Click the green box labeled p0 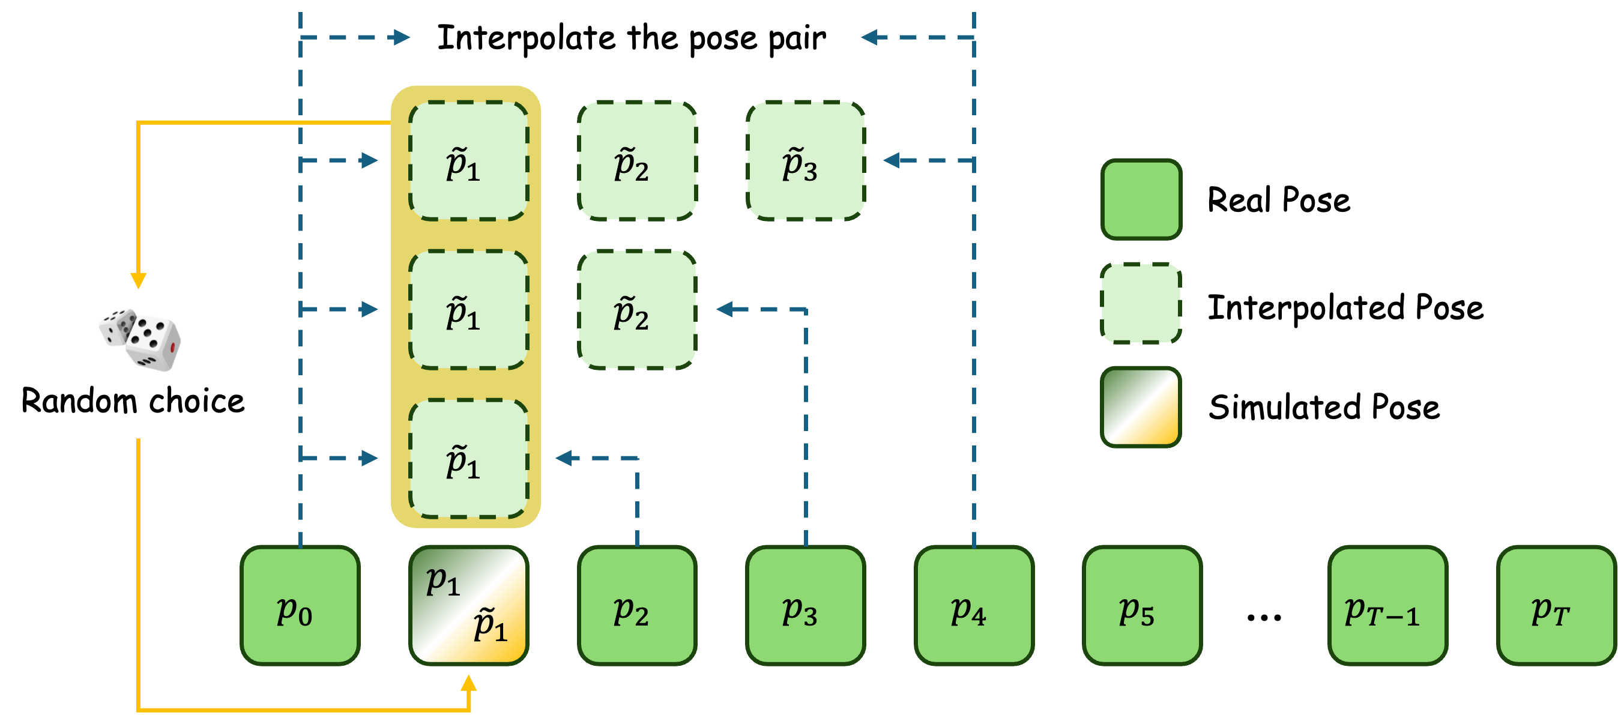point(300,605)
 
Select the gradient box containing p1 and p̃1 point(468,605)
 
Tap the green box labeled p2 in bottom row point(637,605)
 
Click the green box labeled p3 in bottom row point(805,605)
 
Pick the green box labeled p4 point(974,605)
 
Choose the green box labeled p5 point(1142,605)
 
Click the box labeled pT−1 point(1387,605)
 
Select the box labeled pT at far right point(1555,605)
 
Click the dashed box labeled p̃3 point(805,161)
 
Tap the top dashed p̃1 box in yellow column point(468,161)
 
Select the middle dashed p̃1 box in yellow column point(468,310)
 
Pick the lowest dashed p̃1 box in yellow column point(468,459)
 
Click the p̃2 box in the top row point(637,161)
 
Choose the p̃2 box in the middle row point(637,310)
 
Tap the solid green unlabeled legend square point(1141,199)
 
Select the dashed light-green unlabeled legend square point(1141,303)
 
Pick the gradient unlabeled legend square point(1141,406)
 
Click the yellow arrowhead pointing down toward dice point(138,280)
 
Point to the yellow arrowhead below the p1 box point(468,684)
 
